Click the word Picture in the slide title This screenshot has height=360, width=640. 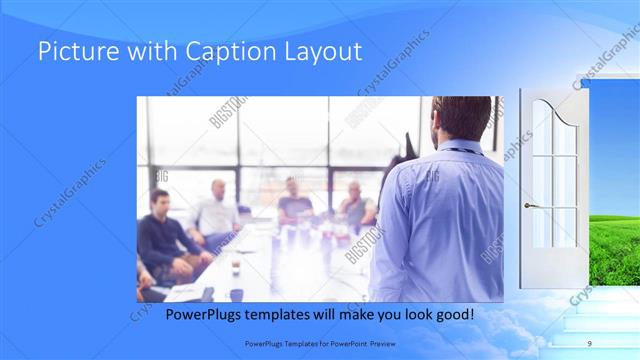72,52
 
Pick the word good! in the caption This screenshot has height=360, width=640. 452,315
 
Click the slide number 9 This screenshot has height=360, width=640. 590,343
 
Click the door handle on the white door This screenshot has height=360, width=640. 531,205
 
